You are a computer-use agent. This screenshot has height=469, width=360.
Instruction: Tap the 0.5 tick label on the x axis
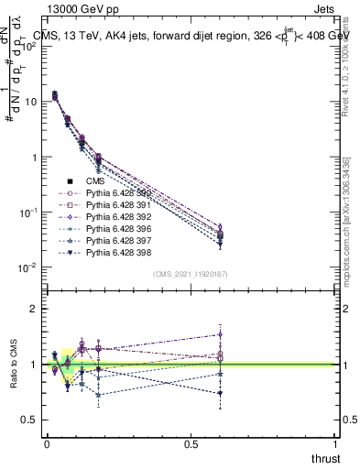[191, 444]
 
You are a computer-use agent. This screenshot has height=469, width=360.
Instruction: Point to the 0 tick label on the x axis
[46, 444]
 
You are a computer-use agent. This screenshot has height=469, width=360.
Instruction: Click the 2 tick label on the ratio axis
[33, 309]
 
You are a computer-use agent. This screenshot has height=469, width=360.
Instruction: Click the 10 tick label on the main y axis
[29, 103]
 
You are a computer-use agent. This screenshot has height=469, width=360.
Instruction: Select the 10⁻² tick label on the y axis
[27, 267]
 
